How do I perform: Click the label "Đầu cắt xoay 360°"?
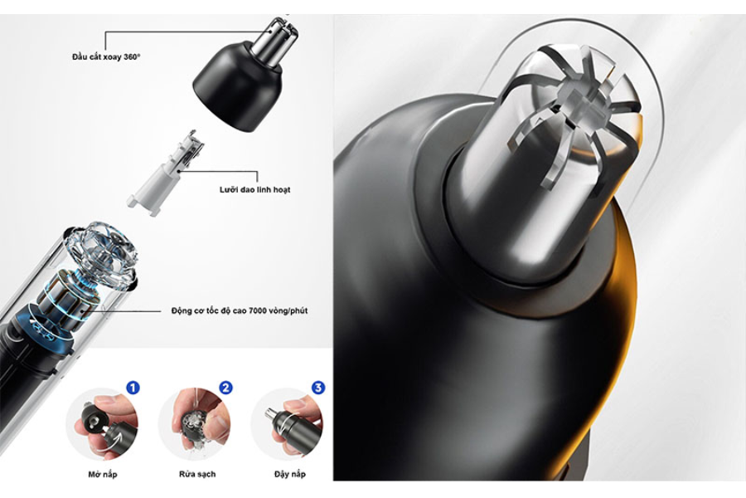coord(106,56)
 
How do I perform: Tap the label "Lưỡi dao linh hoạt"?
coord(254,190)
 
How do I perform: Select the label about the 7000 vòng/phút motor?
coord(240,310)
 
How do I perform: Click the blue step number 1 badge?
coord(133,388)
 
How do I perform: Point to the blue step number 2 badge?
coord(226,388)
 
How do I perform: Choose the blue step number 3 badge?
coord(318,388)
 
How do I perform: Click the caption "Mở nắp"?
coord(102,474)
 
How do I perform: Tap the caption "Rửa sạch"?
coord(197,474)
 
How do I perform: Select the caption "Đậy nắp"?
coord(290,474)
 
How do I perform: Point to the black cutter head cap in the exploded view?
coord(237,86)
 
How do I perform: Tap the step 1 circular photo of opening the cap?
coord(102,425)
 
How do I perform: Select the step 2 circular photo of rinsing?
coord(195,425)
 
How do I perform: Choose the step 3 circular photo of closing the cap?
coord(287,425)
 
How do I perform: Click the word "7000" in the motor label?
coord(258,310)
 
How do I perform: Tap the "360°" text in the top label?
coord(132,56)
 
